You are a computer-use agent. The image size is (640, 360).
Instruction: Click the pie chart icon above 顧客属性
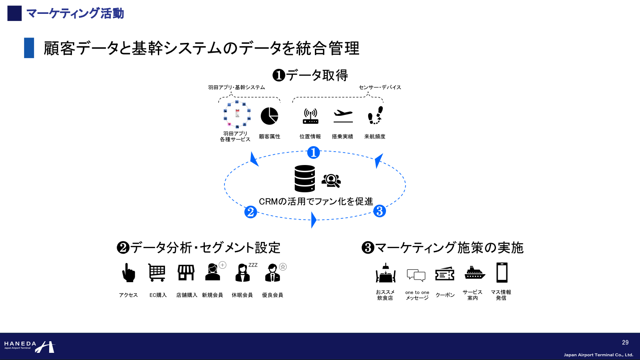coord(269,116)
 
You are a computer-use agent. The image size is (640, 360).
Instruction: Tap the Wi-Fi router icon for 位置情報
coord(310,116)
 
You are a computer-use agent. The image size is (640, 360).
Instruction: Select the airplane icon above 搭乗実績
coord(343,116)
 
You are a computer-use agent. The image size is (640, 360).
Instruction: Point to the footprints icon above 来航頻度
coord(375,116)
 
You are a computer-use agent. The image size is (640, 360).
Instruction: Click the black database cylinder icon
coord(305,178)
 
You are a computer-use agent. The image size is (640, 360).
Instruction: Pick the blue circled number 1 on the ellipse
coord(314,152)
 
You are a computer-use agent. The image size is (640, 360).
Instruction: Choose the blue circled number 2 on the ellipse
coord(250,212)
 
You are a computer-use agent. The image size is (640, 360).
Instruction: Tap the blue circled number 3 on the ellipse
coord(379,211)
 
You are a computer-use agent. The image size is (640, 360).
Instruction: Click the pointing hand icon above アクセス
coord(128,272)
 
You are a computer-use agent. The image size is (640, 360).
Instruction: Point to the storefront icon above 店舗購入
coord(186,272)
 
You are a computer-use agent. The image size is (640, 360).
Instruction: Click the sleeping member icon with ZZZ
coord(243,272)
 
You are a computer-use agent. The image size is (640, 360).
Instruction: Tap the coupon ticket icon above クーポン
coord(445,274)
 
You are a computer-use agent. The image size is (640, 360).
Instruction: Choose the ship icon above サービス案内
coord(475,272)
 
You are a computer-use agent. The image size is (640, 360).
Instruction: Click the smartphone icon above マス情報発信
coord(502,272)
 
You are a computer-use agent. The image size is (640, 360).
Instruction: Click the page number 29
coord(625,343)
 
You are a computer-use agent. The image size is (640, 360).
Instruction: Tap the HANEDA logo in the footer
coord(29,346)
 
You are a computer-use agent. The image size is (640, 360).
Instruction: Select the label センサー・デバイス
coord(380,87)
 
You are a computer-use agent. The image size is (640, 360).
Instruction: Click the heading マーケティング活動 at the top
coord(75,13)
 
